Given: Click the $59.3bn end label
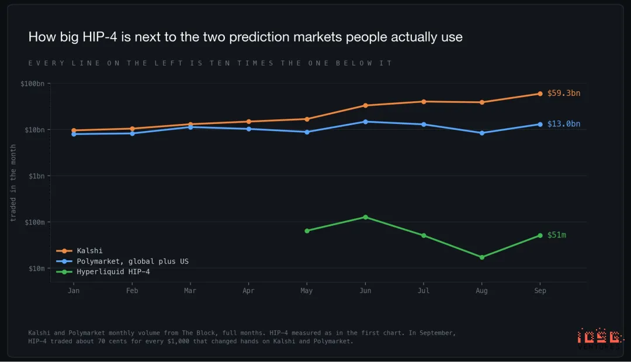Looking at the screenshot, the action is [x=563, y=93].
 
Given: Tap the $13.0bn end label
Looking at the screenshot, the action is [x=563, y=123].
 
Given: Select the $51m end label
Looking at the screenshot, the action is [x=557, y=235].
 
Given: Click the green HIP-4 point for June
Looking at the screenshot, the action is [x=365, y=217].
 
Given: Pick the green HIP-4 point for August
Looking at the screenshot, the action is [x=481, y=257].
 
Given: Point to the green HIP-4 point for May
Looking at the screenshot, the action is [x=307, y=231].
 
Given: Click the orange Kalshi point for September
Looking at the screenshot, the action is [x=540, y=94].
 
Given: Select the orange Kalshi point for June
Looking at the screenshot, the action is [x=365, y=105].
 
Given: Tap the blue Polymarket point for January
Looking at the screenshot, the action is [x=74, y=134].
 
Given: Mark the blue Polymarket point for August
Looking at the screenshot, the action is [x=481, y=133].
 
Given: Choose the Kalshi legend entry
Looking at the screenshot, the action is [x=79, y=250].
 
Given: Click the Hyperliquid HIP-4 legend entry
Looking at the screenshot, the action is [x=103, y=272].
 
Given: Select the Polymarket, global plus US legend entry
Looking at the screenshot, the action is [x=122, y=261].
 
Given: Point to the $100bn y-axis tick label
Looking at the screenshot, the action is [x=33, y=84].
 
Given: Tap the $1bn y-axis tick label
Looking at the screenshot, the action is [x=37, y=176].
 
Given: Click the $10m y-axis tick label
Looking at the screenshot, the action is [x=37, y=268].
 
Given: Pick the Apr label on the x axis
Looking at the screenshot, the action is [x=248, y=291].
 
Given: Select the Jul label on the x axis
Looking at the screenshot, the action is [x=424, y=291].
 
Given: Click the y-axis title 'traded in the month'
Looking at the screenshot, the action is [x=13, y=183].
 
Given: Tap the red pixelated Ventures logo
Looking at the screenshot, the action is [x=599, y=339].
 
